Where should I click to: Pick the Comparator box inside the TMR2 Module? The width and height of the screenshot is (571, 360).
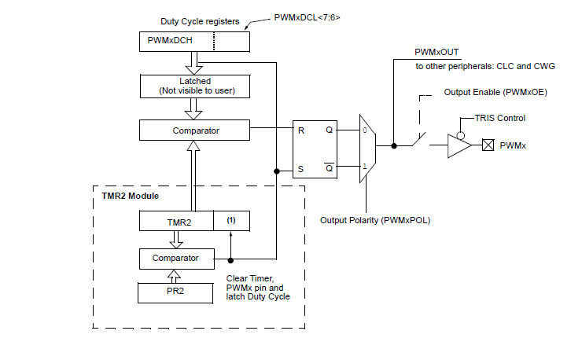pyautogui.click(x=177, y=257)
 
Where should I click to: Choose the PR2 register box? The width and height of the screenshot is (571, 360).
pyautogui.click(x=177, y=292)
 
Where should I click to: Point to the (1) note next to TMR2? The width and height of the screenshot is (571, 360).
pyautogui.click(x=231, y=221)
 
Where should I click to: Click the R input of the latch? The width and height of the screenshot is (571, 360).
pyautogui.click(x=300, y=130)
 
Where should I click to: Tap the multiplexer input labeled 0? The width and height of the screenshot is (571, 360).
pyautogui.click(x=363, y=130)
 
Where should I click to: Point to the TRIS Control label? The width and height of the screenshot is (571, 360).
pyautogui.click(x=500, y=117)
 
